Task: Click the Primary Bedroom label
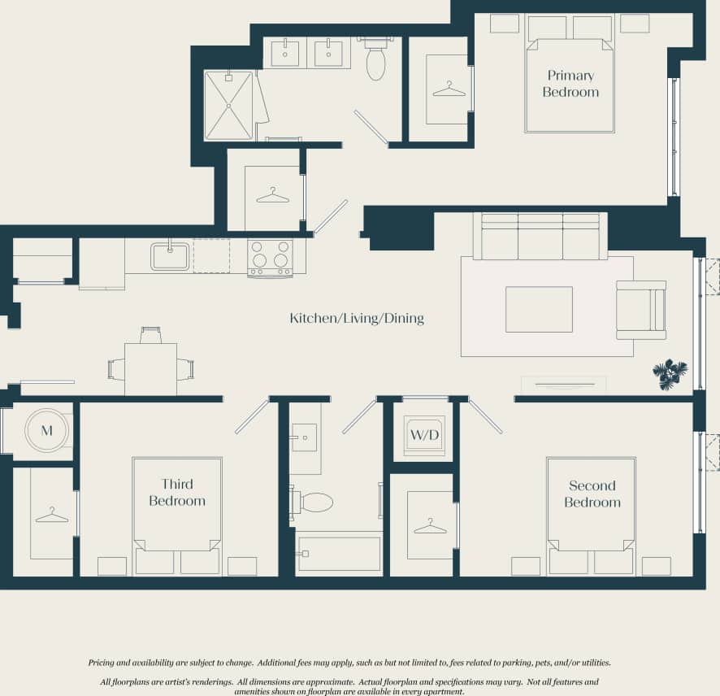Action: pos(570,84)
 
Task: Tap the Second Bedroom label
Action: pos(592,494)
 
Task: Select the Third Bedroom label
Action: pos(177,493)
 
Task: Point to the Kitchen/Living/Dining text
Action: pos(357,318)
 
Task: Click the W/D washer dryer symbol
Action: pos(425,434)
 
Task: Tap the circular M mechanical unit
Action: pos(46,430)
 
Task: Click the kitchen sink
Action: pos(170,256)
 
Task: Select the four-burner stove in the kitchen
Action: pos(270,258)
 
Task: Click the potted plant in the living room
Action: pos(670,374)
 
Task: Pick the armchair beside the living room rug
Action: pos(640,310)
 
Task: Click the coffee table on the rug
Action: pos(539,309)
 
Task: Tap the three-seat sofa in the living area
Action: pos(540,237)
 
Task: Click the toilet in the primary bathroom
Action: pos(375,60)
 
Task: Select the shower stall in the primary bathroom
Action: pos(228,106)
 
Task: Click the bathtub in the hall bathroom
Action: pos(339,554)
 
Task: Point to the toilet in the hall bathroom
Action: pos(313,502)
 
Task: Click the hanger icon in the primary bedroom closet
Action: pos(449,89)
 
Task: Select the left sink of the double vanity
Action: pos(284,53)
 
